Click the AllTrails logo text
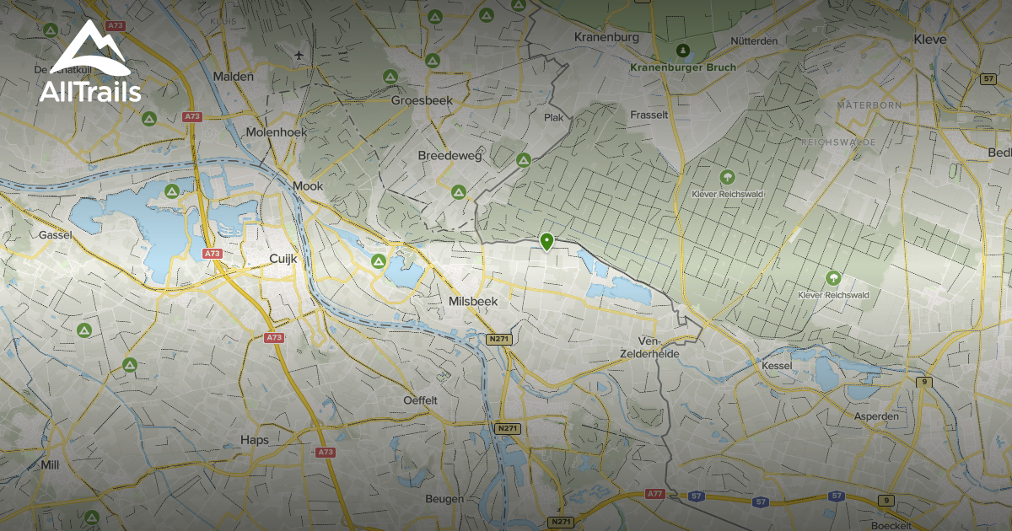[89, 91]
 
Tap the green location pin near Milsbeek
[546, 242]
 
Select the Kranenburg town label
[606, 37]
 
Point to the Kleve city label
[930, 39]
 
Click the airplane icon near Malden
[299, 56]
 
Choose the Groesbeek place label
[423, 100]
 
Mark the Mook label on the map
[307, 186]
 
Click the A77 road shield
[654, 494]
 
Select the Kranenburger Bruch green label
[683, 67]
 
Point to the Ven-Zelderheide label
[649, 347]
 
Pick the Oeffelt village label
[421, 400]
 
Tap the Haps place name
[254, 440]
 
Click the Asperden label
[876, 416]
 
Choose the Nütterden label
[754, 40]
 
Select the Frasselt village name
[649, 115]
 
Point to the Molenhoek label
[276, 132]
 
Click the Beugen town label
[444, 499]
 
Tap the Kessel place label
[777, 367]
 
